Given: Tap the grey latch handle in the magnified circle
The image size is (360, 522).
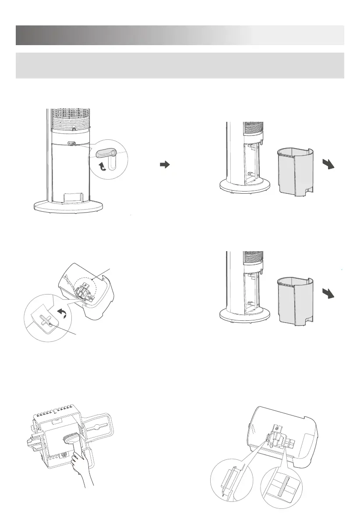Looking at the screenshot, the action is [105, 153].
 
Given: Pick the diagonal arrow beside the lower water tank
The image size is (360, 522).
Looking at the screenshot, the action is [329, 293].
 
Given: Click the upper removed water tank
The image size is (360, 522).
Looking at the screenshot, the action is [294, 170].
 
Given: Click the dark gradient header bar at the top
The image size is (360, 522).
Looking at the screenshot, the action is [180, 35].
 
